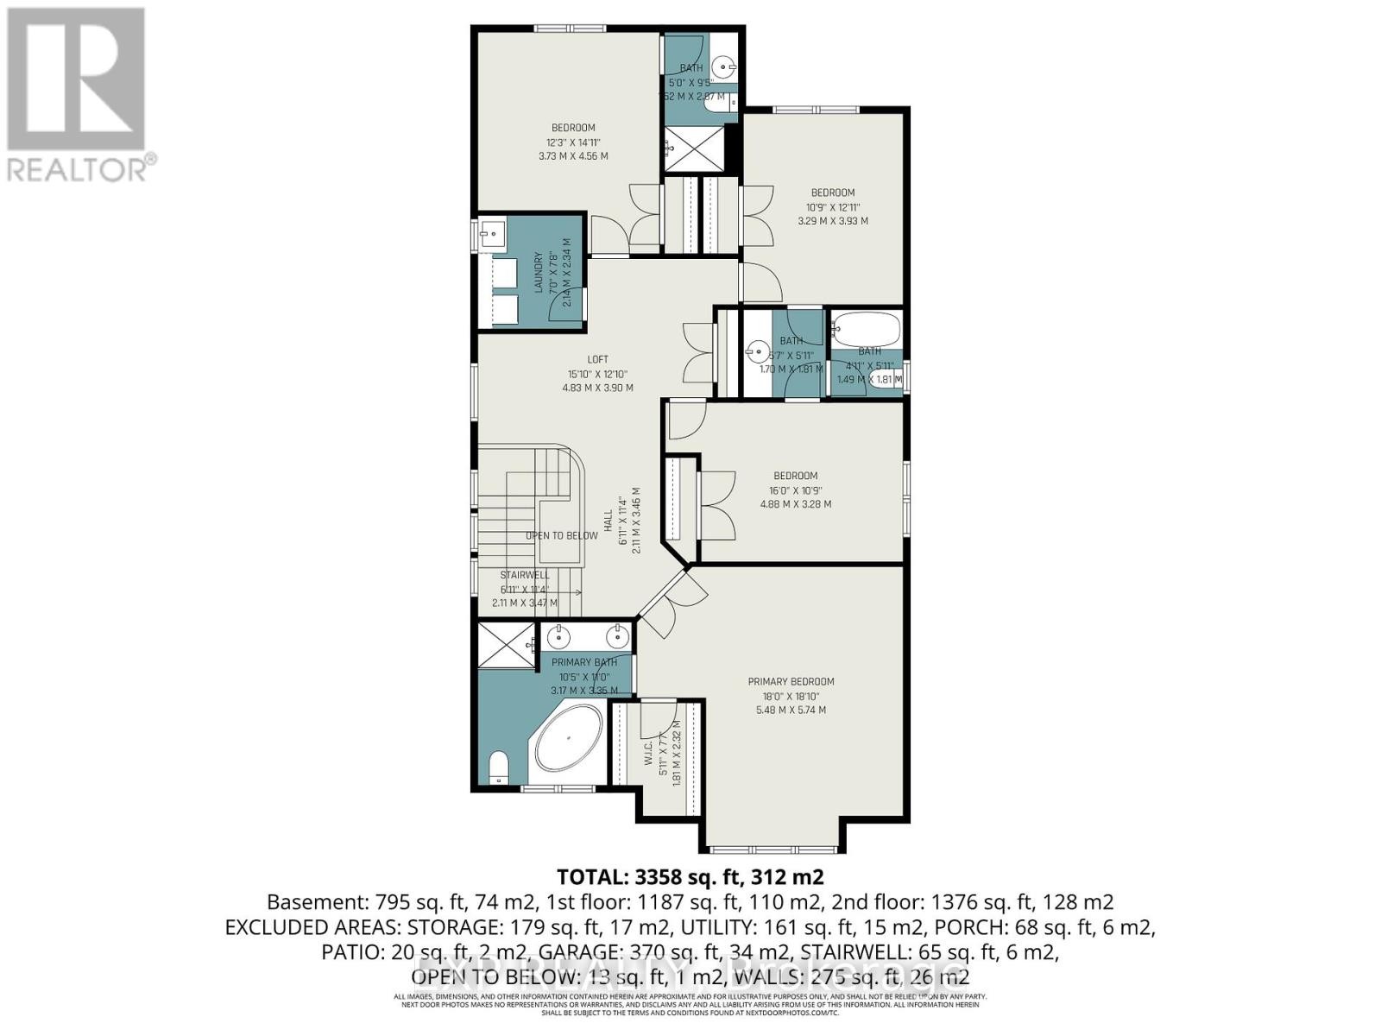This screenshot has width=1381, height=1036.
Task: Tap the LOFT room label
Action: pos(597,359)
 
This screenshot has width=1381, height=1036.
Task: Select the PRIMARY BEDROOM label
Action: pos(791,681)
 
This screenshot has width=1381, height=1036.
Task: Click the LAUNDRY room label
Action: pos(539,273)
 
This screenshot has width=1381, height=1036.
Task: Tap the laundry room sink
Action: pos(491,232)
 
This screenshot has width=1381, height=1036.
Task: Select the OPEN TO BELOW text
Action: pos(561,535)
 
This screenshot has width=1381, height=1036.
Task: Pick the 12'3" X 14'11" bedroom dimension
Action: pos(572,142)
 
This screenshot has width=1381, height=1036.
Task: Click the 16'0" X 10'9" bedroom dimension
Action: pos(795,490)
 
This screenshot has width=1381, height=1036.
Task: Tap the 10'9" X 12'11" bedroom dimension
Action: pos(832,207)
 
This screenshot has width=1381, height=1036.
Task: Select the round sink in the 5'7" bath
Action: pos(758,351)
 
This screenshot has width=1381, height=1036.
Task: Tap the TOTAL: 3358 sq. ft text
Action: pos(690,877)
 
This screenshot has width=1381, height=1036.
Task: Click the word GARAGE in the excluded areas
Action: pos(573,951)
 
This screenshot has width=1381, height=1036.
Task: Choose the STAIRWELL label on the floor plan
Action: pos(524,575)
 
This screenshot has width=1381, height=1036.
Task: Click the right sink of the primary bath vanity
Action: pos(616,636)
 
